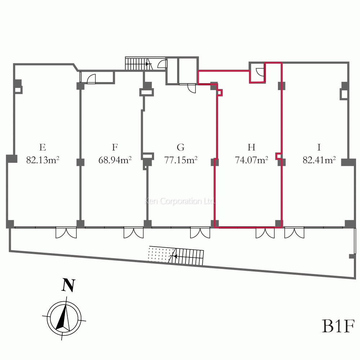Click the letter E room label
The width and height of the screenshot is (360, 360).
pyautogui.click(x=42, y=147)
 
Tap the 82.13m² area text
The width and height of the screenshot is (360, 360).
pyautogui.click(x=42, y=160)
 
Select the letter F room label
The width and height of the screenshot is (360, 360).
pyautogui.click(x=115, y=147)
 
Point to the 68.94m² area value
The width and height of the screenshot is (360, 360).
pyautogui.click(x=115, y=160)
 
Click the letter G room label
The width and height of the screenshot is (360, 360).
pyautogui.click(x=181, y=147)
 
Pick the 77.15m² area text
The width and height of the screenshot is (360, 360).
pyautogui.click(x=181, y=160)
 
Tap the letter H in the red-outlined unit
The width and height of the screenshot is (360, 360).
pyautogui.click(x=251, y=147)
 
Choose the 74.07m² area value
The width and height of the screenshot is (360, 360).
pyautogui.click(x=251, y=160)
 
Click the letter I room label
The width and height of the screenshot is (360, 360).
pyautogui.click(x=319, y=147)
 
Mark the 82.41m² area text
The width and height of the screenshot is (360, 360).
pyautogui.click(x=319, y=160)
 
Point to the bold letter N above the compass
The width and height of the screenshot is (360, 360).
pyautogui.click(x=68, y=285)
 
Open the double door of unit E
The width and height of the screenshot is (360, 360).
pyautogui.click(x=66, y=233)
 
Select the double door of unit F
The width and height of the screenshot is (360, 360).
pyautogui.click(x=134, y=233)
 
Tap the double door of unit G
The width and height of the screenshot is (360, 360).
pyautogui.click(x=200, y=233)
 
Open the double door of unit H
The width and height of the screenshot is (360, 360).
pyautogui.click(x=265, y=233)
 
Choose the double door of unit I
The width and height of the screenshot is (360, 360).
pyautogui.click(x=294, y=233)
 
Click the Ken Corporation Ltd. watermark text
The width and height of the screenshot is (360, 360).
pyautogui.click(x=180, y=201)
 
